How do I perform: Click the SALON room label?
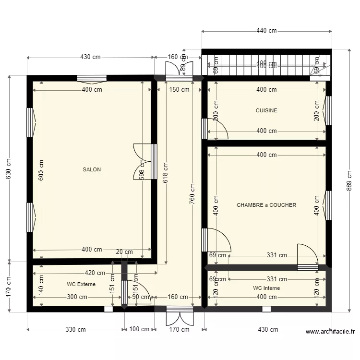92,169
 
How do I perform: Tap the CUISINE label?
266,110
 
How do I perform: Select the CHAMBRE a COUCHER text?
266,205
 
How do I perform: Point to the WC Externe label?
81,284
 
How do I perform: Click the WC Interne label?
266,288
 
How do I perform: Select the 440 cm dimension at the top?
266,31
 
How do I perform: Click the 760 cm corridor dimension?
192,194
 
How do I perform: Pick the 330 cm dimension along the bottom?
76,330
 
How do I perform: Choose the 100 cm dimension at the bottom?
139,330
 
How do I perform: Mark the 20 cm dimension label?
125,252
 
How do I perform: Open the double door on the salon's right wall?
145,162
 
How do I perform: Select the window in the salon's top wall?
92,78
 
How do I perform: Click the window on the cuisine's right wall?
329,110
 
